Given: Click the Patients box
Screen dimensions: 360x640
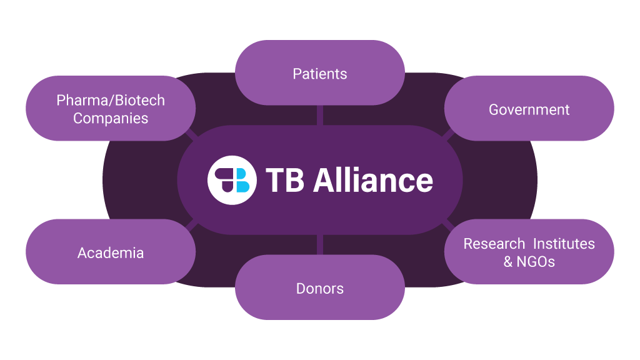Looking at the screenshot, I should (x=319, y=73).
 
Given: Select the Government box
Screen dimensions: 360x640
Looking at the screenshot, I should (x=529, y=109).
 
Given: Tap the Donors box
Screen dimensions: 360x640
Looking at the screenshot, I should (x=319, y=287).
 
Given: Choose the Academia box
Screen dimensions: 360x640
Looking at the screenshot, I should (x=111, y=252).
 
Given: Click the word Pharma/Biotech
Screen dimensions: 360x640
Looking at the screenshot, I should (x=111, y=100).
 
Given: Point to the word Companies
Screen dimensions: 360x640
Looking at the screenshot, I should (x=111, y=118).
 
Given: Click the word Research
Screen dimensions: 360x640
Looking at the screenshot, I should (x=494, y=244).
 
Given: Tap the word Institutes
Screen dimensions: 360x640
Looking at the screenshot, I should (x=564, y=243).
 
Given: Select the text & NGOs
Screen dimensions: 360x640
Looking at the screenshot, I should (x=529, y=262).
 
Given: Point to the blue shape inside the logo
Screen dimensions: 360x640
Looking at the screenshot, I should (x=243, y=185).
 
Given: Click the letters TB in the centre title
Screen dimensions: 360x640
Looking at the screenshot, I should (x=284, y=180).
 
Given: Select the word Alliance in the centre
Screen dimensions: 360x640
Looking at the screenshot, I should (x=372, y=180).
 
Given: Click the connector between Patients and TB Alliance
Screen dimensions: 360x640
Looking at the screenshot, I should (x=320, y=115).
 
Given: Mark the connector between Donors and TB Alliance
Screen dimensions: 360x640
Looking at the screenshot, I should (x=320, y=245).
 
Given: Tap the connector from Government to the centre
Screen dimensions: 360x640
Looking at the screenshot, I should (x=447, y=133).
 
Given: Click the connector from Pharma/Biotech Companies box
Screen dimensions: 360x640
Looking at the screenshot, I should (x=191, y=134).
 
